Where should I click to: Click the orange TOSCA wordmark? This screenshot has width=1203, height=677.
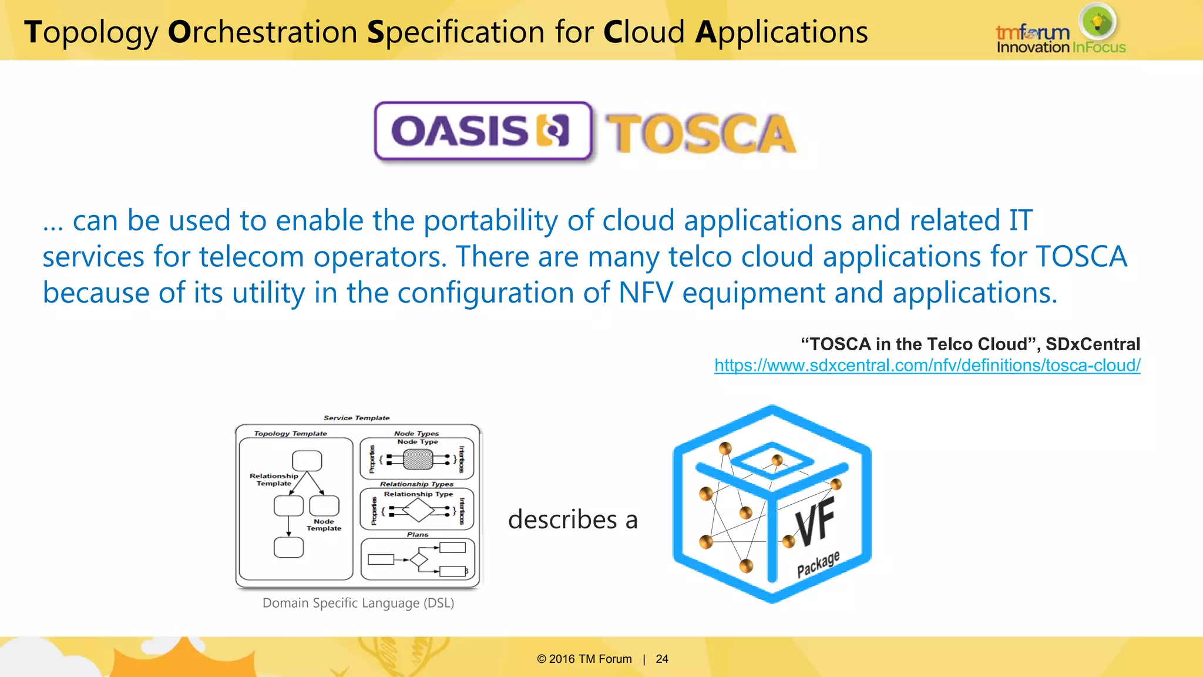pos(700,134)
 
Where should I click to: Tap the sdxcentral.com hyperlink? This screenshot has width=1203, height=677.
pos(927,366)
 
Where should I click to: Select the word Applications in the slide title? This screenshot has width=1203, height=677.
pos(781,32)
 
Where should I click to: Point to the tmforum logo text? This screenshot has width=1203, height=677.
pos(1032,32)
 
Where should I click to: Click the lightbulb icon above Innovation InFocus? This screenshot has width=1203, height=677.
pos(1097,22)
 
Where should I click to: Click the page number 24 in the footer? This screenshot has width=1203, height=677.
pos(662,659)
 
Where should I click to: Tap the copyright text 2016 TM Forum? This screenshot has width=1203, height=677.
pos(584,659)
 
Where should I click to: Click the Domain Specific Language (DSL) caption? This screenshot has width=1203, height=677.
pos(358,603)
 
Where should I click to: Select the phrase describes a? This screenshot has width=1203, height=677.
pos(573,520)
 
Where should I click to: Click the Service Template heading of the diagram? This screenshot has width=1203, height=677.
pos(357,418)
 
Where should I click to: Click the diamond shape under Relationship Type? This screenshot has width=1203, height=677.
pos(418,510)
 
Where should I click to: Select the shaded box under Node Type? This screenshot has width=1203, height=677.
pos(418,459)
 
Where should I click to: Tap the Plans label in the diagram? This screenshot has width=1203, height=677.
pos(418,534)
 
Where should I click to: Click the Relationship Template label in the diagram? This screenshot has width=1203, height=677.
pos(274,480)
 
